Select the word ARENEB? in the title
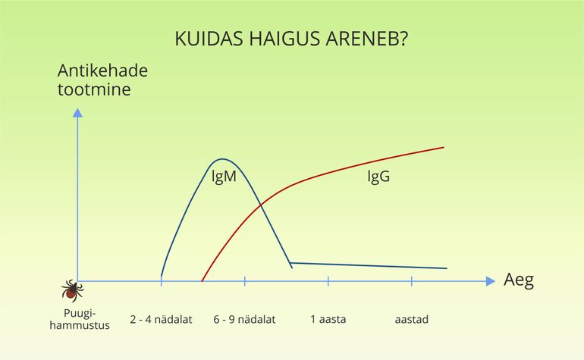tap(367, 39)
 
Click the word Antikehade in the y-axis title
tap(103, 70)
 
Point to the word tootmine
tap(94, 89)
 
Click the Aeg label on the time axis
tap(519, 280)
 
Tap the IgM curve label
tap(224, 177)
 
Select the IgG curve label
tap(378, 177)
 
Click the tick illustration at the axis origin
tap(72, 290)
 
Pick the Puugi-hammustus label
tap(80, 319)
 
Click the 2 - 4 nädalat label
tap(161, 319)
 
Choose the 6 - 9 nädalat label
tap(244, 319)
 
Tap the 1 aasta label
tap(328, 319)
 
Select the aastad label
tap(412, 319)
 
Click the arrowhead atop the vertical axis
tap(77, 112)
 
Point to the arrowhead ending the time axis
tap(491, 281)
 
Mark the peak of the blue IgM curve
tap(222, 159)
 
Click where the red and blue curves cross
tap(261, 205)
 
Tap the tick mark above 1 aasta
tap(328, 281)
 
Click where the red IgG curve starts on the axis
tap(202, 280)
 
